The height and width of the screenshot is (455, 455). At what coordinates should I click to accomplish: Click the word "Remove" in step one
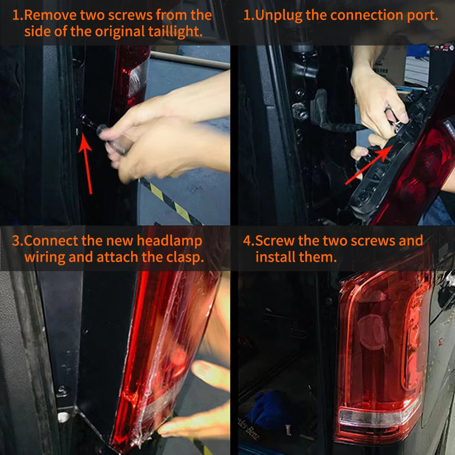click(50, 15)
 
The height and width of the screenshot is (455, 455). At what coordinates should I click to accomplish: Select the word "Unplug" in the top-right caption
click(279, 15)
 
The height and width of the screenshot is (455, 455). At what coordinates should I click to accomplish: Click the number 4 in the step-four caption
click(247, 241)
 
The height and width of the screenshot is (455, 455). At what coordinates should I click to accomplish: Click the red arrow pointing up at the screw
click(86, 163)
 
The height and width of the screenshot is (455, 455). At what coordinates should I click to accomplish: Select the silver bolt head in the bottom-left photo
click(63, 417)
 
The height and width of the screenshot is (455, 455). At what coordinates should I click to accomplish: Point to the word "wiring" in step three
click(44, 258)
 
